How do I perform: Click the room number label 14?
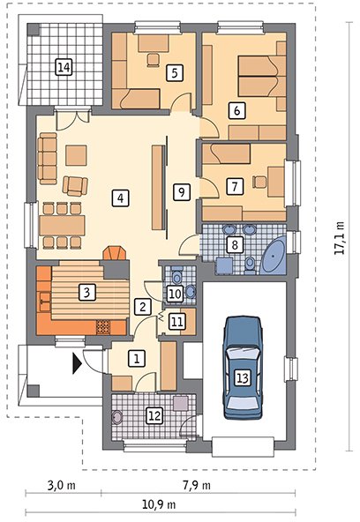point(64,68)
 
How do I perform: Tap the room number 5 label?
point(175,72)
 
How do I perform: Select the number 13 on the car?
point(243,378)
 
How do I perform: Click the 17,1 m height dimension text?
point(339,238)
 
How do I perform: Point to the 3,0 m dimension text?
point(61,485)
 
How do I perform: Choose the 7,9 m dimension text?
point(197,485)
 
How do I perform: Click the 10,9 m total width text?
point(159,505)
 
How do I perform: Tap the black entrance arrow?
point(78,364)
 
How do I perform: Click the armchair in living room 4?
point(76,186)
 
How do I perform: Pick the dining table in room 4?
point(62,225)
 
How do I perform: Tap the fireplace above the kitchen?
point(114,254)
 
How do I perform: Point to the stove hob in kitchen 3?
point(103,326)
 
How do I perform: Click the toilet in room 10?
point(176,274)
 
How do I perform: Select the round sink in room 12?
point(117,417)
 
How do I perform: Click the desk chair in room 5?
point(154,60)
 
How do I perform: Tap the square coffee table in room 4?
point(76,155)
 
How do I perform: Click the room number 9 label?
point(182,191)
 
